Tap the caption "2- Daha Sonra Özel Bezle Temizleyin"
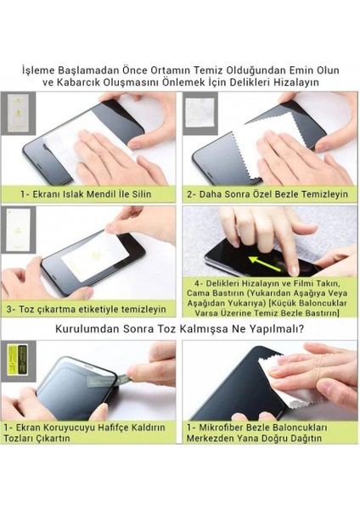(x=267, y=194)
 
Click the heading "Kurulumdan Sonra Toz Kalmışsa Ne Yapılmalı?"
(x=180, y=329)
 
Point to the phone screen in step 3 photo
(x=93, y=255)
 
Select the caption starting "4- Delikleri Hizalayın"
(x=267, y=298)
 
